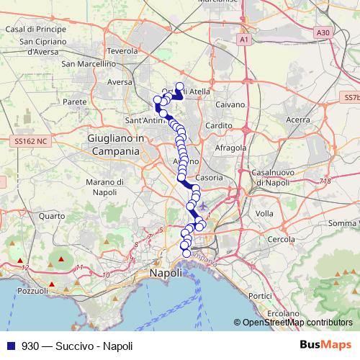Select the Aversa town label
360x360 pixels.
(120, 82)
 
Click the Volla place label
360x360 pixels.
(264, 214)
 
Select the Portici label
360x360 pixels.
(259, 296)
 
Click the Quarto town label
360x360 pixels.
(52, 215)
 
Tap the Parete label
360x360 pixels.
(75, 102)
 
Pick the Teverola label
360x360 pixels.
(121, 51)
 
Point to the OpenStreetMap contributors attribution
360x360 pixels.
(297, 323)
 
